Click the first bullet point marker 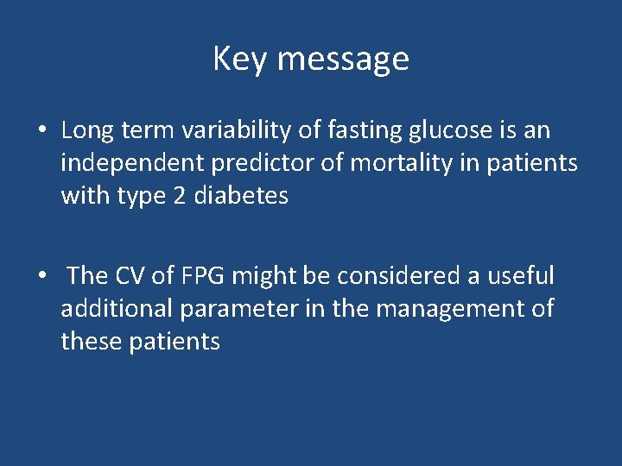point(41,131)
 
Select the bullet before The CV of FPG point(41,276)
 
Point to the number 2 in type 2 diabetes point(179,197)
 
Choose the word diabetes point(241,197)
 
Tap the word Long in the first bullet point(83,131)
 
